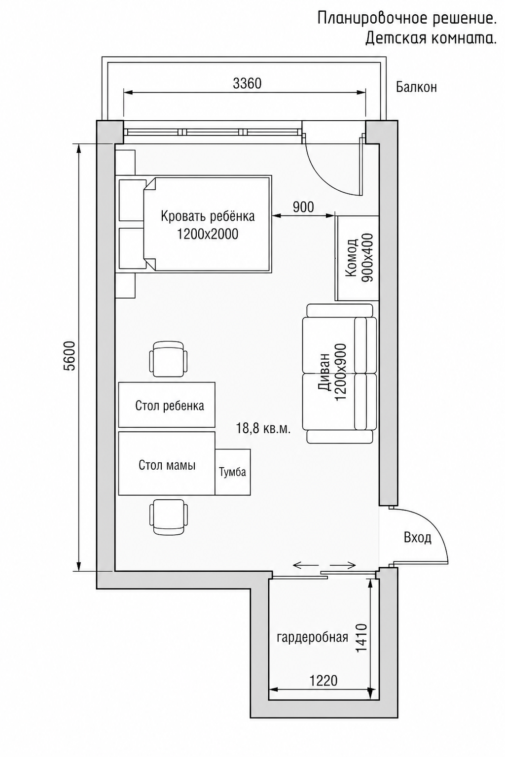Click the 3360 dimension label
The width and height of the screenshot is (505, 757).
click(247, 83)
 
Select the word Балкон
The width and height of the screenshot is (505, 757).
click(416, 87)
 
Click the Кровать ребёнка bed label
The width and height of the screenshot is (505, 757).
click(208, 216)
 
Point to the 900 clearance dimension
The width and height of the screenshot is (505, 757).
click(303, 207)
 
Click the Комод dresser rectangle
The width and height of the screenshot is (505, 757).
click(357, 258)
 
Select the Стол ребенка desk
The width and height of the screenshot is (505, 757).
click(167, 405)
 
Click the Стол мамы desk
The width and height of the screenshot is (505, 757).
click(167, 463)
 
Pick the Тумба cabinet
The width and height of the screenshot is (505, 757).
click(233, 472)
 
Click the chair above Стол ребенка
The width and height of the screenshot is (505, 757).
click(169, 359)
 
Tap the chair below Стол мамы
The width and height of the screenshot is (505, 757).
click(169, 517)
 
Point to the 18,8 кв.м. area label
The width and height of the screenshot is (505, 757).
click(263, 429)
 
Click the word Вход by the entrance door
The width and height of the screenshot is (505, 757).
click(417, 537)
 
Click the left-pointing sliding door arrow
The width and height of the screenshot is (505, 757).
click(306, 565)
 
